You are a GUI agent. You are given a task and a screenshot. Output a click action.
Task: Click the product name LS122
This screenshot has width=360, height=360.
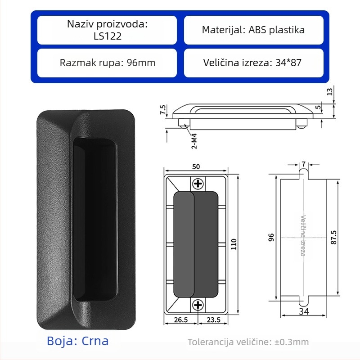click(x=108, y=36)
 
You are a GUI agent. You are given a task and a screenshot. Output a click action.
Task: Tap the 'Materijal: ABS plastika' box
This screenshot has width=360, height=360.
click(x=254, y=30)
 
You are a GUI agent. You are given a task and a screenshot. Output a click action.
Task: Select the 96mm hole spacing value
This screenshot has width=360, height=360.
click(x=141, y=63)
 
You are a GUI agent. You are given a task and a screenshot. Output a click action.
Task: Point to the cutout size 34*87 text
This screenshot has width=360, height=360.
click(x=288, y=63)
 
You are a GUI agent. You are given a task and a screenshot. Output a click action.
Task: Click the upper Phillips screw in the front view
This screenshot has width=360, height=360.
click(x=198, y=184)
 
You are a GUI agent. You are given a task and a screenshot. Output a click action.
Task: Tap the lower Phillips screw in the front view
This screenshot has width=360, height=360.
click(x=198, y=305)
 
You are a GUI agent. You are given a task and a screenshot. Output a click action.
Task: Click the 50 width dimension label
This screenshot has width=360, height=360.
click(x=196, y=166)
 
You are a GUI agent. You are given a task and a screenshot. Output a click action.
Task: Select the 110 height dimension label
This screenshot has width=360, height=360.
click(x=234, y=244)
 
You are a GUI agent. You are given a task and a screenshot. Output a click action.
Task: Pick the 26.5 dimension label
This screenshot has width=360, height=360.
click(x=181, y=319)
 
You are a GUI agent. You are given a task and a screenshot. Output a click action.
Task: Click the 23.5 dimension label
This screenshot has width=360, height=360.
click(x=213, y=319)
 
